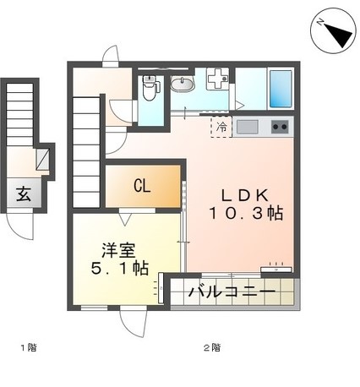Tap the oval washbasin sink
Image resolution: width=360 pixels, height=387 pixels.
point(183,84)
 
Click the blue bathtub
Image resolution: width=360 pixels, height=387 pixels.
point(281,87)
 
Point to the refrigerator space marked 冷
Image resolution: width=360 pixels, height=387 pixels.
point(221,128)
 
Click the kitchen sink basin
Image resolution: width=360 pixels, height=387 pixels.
point(247,128)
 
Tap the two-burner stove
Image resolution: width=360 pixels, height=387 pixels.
point(280,128)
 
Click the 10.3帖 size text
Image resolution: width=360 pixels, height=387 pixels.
point(245,215)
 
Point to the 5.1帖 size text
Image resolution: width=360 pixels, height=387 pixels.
point(119,270)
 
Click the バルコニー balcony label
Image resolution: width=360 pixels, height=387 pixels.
point(231,293)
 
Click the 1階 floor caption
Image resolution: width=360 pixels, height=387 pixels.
point(29,347)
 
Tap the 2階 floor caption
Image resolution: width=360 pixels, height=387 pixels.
point(210,347)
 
